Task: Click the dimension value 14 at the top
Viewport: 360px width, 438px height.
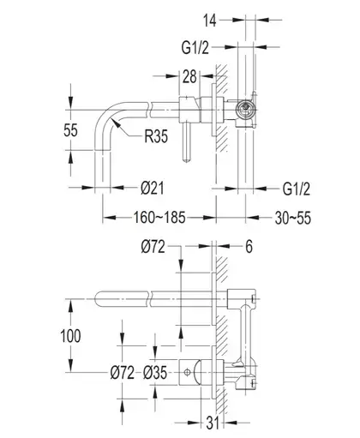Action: pos(210,21)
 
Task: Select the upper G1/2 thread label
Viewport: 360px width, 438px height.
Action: pos(195,47)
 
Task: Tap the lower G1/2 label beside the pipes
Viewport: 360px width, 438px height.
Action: pos(297,189)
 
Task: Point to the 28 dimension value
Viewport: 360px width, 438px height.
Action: pos(189,76)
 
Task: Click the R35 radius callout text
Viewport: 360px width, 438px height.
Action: pos(156,136)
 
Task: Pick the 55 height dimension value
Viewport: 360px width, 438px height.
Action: pos(70,130)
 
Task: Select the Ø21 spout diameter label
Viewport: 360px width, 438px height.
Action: pos(153,189)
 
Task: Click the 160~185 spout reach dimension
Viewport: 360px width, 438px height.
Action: pos(159,218)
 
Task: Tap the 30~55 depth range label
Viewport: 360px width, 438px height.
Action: pos(293,218)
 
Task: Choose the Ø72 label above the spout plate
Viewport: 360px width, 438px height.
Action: pos(153,247)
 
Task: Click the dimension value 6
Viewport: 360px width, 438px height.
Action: pos(249,246)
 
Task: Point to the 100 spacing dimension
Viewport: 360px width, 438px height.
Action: pos(70,336)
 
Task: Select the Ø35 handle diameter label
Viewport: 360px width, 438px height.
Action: pos(155,373)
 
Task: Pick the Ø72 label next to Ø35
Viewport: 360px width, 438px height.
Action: pos(123,373)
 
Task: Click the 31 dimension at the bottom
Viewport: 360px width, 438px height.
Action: pos(213,423)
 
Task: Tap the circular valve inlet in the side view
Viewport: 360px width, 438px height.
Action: pos(245,109)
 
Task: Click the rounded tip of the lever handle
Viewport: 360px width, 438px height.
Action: pos(187,160)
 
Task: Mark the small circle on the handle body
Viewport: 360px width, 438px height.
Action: pos(187,372)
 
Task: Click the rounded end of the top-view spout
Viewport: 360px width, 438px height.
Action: pos(97,299)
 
